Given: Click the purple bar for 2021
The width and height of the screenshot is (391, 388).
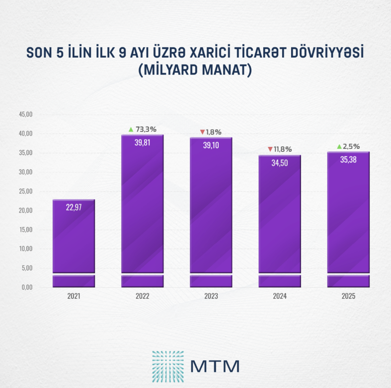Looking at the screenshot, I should click(74, 238).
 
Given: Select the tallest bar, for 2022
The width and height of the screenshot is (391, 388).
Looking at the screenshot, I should click(142, 208).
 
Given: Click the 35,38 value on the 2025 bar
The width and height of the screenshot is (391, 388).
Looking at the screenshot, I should click(348, 159).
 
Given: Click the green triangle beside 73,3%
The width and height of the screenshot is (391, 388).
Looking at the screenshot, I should click(131, 129).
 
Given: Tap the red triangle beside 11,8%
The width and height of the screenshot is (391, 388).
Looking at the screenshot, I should click(270, 149).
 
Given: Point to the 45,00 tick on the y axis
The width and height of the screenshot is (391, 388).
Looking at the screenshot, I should click(25, 114).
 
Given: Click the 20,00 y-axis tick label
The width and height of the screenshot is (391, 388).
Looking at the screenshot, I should click(25, 210).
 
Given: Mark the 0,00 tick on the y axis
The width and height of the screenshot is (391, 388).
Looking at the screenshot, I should click(26, 287).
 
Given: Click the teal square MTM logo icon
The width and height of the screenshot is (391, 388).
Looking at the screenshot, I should click(168, 366).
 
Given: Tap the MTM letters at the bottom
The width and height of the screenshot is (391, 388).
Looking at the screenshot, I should click(215, 366).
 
